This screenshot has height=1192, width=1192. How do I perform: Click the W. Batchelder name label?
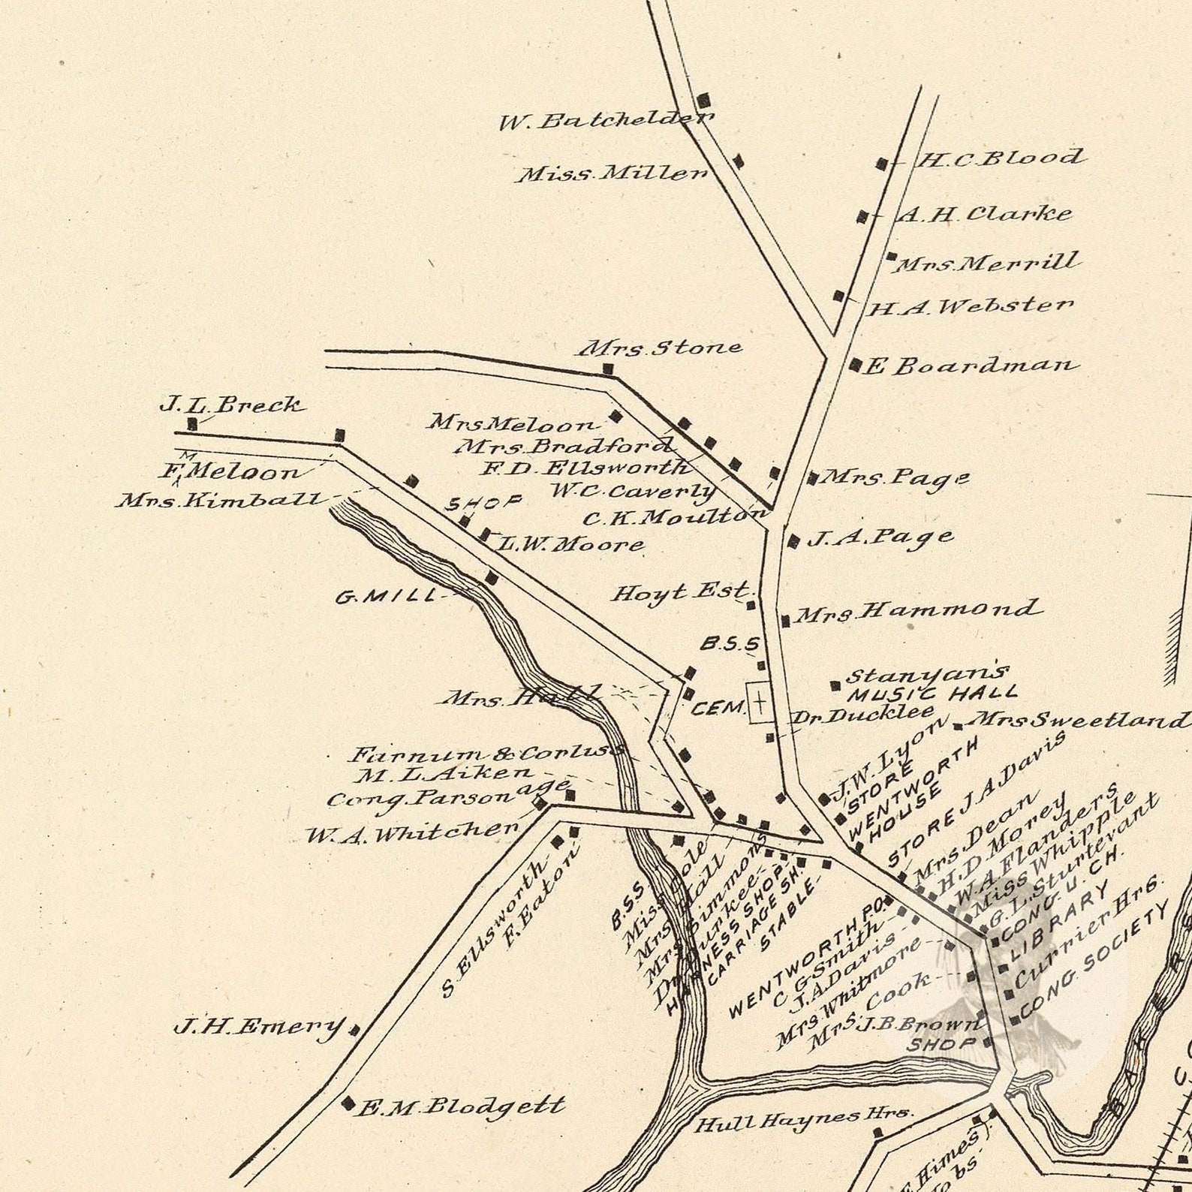click(607, 120)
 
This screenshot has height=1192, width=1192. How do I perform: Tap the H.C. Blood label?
click(999, 158)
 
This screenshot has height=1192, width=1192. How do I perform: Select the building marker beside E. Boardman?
click(854, 365)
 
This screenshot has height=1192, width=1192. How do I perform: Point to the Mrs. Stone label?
click(659, 348)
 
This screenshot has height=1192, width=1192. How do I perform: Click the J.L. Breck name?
click(232, 405)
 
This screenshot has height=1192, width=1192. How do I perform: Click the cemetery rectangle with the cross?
click(760, 703)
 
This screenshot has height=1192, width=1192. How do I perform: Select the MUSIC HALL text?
click(932, 693)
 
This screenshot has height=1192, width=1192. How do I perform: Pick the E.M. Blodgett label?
click(460, 1106)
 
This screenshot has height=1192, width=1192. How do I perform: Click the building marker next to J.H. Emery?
click(354, 1030)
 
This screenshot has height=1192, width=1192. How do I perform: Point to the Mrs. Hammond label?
click(917, 611)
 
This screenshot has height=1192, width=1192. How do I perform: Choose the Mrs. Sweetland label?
click(1078, 721)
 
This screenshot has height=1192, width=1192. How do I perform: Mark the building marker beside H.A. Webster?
click(838, 296)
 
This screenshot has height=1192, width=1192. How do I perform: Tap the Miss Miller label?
click(612, 174)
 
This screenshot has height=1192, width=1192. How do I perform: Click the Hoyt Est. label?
click(681, 592)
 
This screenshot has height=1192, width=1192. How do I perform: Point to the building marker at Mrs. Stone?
click(608, 369)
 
